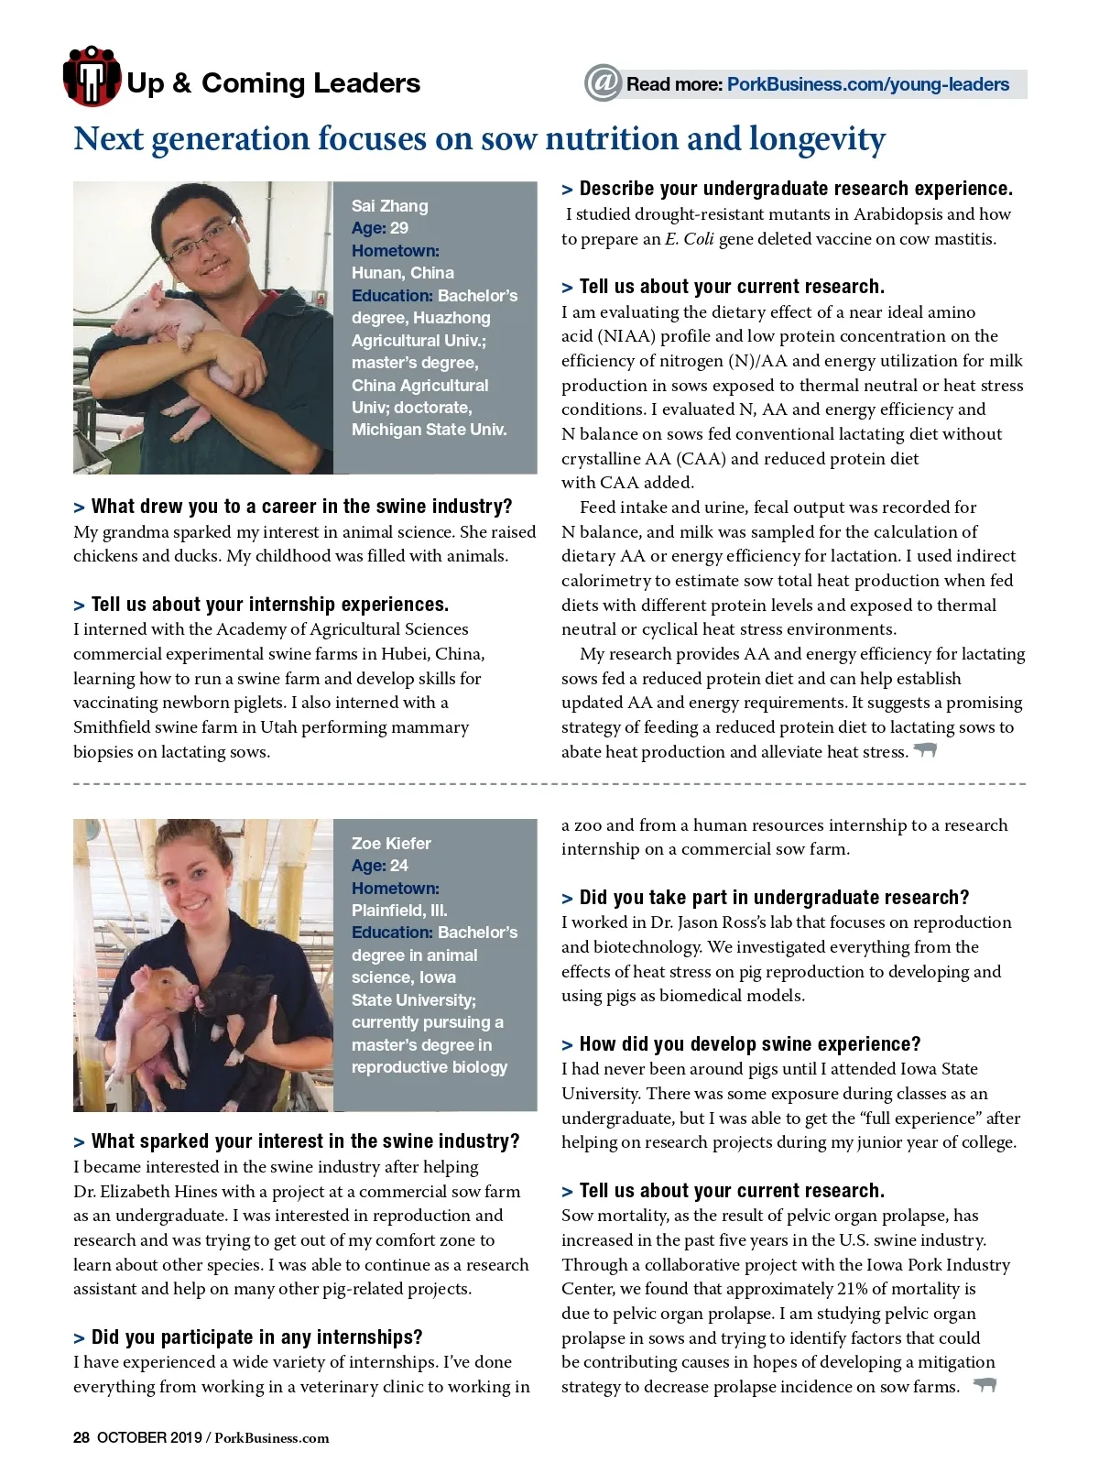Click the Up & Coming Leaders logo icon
point(92,77)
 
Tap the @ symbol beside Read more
point(604,83)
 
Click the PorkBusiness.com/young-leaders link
point(867,84)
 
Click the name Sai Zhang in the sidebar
point(389,206)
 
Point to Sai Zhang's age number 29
point(399,228)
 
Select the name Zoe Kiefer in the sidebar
point(391,844)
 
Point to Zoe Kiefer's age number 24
point(399,866)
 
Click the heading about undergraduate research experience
point(795,189)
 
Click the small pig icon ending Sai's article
point(926,750)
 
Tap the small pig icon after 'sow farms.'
point(985,1385)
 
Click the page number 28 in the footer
point(82,1437)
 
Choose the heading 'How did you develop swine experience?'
point(749,1044)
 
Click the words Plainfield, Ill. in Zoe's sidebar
point(399,911)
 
